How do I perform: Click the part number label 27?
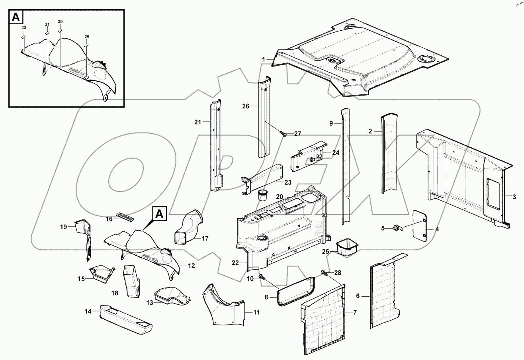[297, 134]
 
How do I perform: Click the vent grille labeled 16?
[125, 216]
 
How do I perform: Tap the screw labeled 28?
[323, 273]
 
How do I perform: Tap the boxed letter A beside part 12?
[158, 214]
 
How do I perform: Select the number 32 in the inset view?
[24, 27]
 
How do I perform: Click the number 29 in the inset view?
[87, 37]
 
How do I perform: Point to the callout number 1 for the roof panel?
[264, 59]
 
